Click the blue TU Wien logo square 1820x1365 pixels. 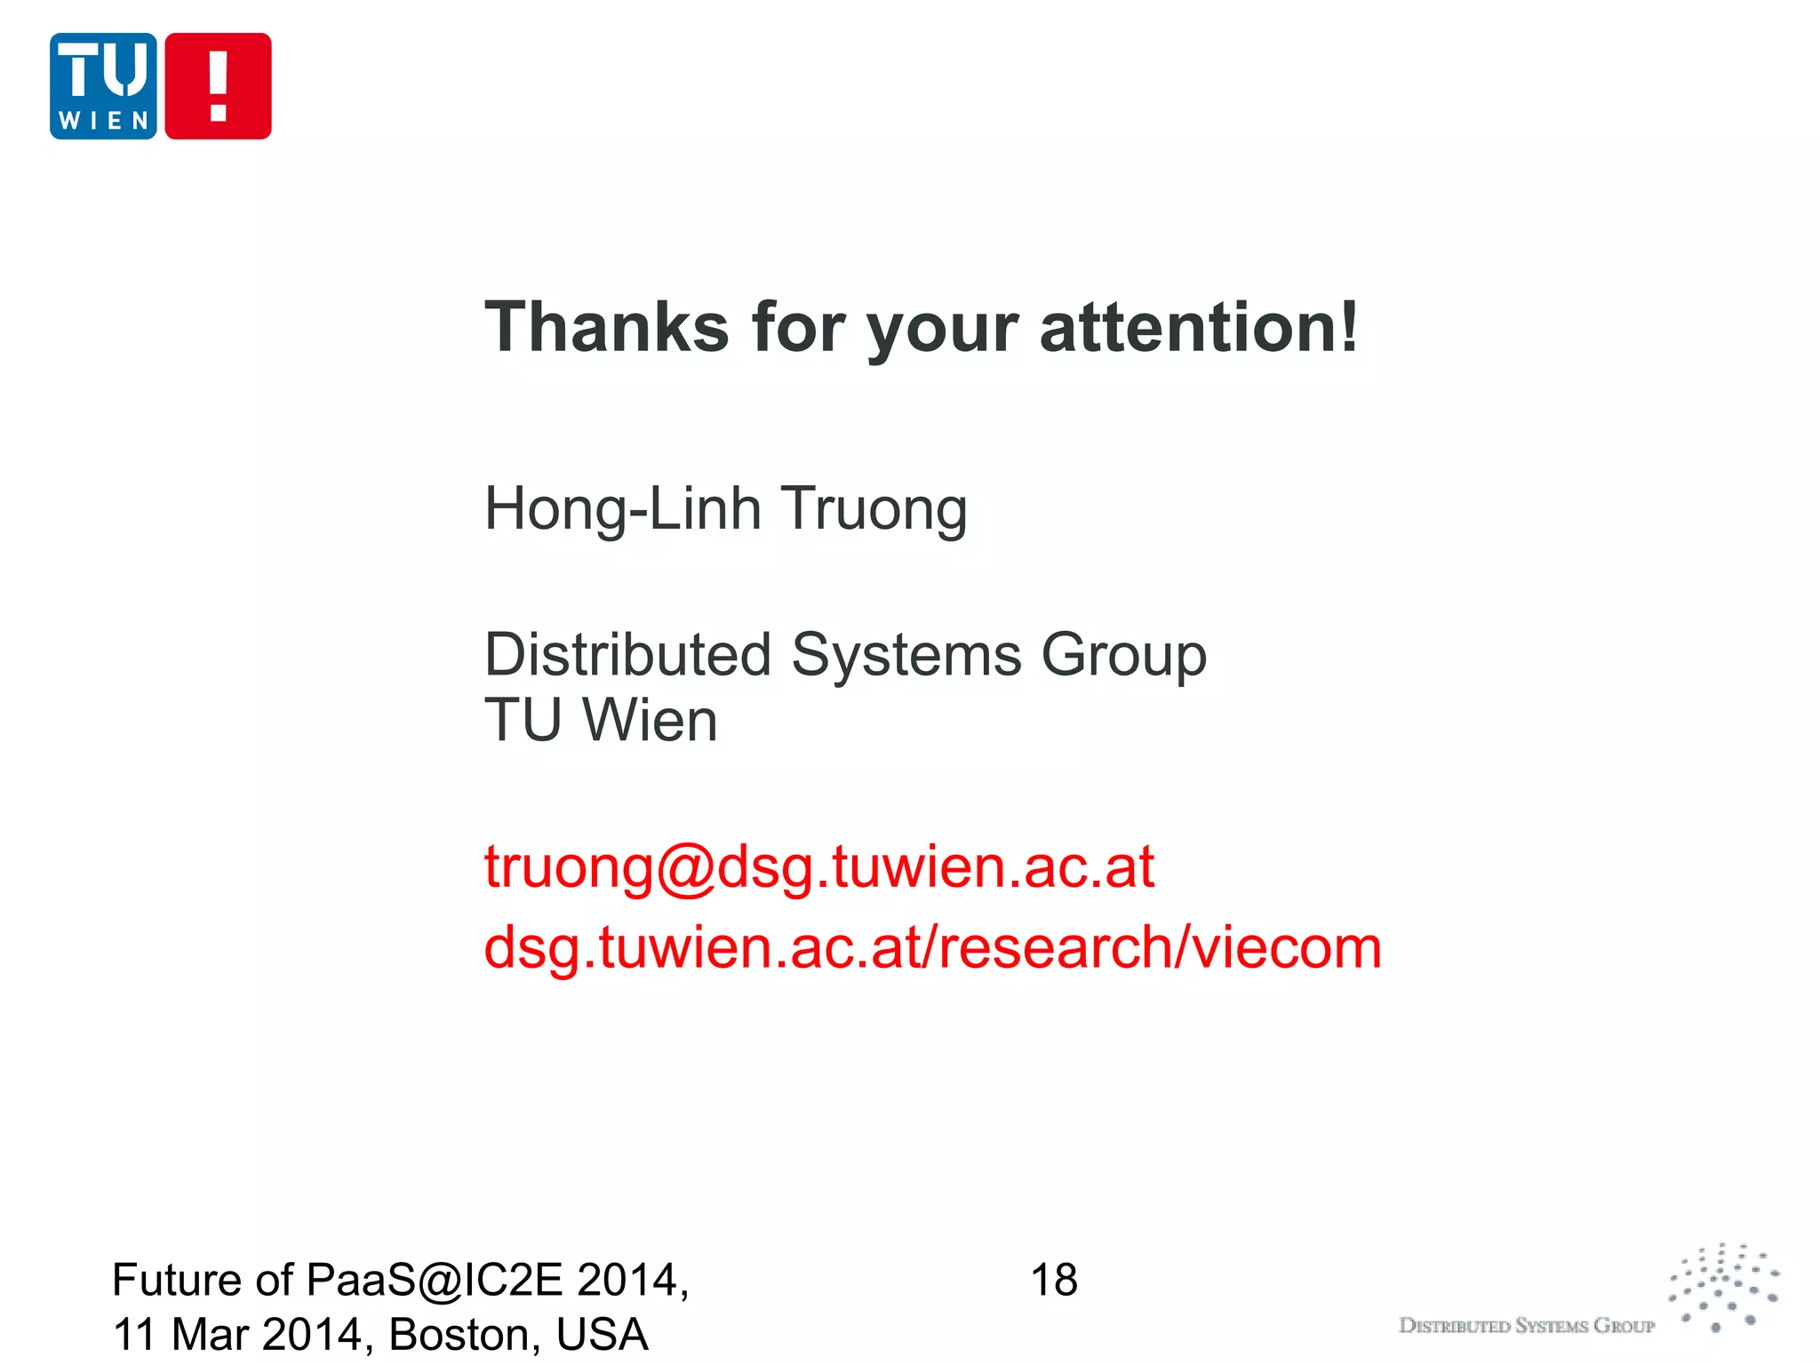103,86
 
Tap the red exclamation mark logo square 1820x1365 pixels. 218,86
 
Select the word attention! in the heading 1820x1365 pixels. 1199,327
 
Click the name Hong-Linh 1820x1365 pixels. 623,509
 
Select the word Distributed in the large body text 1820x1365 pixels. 627,655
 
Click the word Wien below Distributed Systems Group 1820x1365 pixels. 650,720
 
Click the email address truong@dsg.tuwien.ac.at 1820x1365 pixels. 818,866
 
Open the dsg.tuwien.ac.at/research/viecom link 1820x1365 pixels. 932,947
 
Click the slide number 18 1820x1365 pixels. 1054,1281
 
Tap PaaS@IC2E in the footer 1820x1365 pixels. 435,1281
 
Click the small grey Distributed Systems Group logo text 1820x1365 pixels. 1527,1326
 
